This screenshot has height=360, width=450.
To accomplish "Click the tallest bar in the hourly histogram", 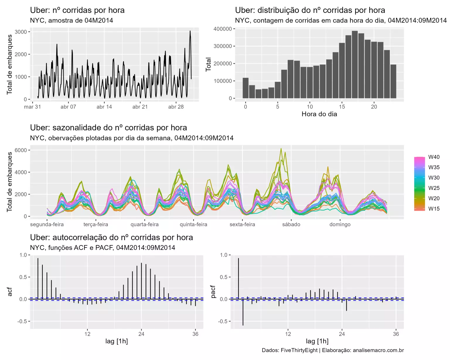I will pyautogui.click(x=355, y=64).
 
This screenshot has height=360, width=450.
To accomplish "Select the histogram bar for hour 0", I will pyautogui.click(x=246, y=88).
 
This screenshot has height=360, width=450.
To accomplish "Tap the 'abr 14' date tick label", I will pyautogui.click(x=104, y=107).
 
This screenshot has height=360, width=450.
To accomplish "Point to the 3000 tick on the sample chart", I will pyautogui.click(x=21, y=32).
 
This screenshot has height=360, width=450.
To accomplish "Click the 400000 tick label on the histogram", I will pyautogui.click(x=223, y=29).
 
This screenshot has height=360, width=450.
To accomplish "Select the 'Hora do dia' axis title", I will pyautogui.click(x=319, y=114).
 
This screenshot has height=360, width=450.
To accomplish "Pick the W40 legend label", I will pyautogui.click(x=434, y=157).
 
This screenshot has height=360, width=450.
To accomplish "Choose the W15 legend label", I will pyautogui.click(x=434, y=209).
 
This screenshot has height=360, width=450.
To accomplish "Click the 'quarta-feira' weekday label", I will pyautogui.click(x=144, y=225).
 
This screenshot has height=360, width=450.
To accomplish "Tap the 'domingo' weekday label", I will pyautogui.click(x=340, y=225).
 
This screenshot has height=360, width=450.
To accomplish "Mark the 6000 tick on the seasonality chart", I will pyautogui.click(x=21, y=150).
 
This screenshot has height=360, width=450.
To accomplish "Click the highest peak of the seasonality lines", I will pyautogui.click(x=281, y=149).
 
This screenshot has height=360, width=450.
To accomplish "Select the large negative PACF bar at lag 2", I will pyautogui.click(x=243, y=312).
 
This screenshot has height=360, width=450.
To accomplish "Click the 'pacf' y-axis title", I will pyautogui.click(x=213, y=292).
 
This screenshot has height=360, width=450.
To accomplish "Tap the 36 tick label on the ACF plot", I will pyautogui.click(x=195, y=334).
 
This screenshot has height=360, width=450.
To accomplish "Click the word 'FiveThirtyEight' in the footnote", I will pyautogui.click(x=299, y=350).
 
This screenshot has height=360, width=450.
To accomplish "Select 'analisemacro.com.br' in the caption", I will pyautogui.click(x=378, y=350).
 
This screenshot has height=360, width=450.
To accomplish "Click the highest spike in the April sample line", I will pyautogui.click(x=190, y=31).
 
